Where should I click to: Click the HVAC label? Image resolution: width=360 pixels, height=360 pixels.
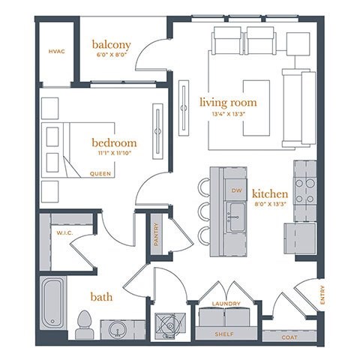(x=56, y=51)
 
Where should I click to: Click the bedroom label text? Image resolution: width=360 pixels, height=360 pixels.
(x=114, y=142)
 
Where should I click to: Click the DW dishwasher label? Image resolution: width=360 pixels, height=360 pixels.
(x=237, y=190)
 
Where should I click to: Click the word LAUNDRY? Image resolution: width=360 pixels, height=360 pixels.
(x=226, y=304)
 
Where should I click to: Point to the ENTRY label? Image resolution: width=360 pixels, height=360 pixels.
(x=322, y=298)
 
